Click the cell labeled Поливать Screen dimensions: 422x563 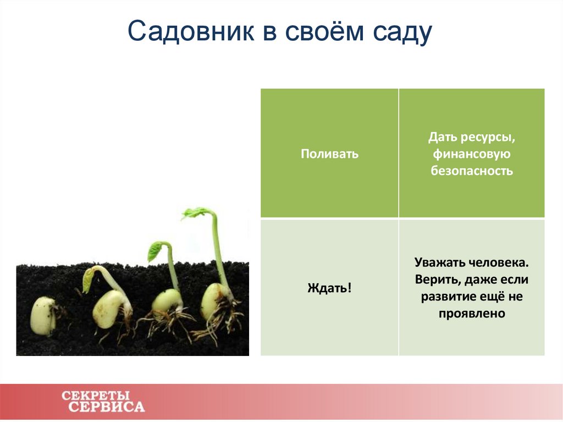[x=329, y=154]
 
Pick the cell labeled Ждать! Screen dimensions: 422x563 [x=329, y=287]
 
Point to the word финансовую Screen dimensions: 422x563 [x=472, y=154]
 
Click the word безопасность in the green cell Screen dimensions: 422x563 [x=472, y=171]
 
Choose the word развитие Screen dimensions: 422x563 [x=445, y=297]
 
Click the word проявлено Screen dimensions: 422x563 [x=472, y=314]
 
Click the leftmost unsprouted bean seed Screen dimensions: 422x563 [x=43, y=316]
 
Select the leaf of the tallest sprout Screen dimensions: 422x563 [x=196, y=213]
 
